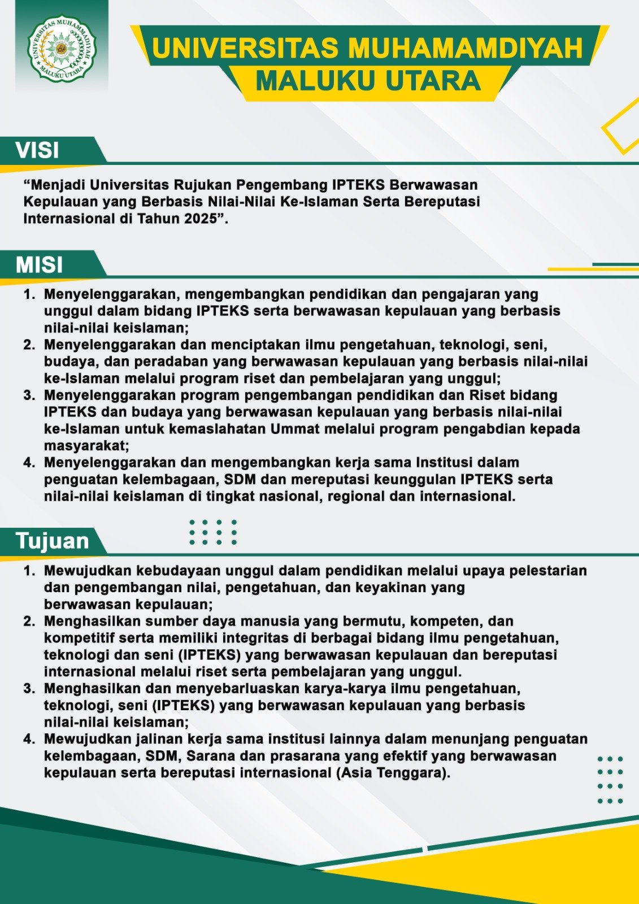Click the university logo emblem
click(62, 49)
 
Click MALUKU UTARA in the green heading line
click(368, 81)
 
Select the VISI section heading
click(37, 150)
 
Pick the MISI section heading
click(39, 265)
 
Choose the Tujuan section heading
click(52, 541)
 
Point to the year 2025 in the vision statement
click(201, 219)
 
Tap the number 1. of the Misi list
click(29, 294)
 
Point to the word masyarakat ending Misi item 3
click(86, 446)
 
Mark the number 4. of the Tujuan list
click(29, 739)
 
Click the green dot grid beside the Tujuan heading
click(213, 532)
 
